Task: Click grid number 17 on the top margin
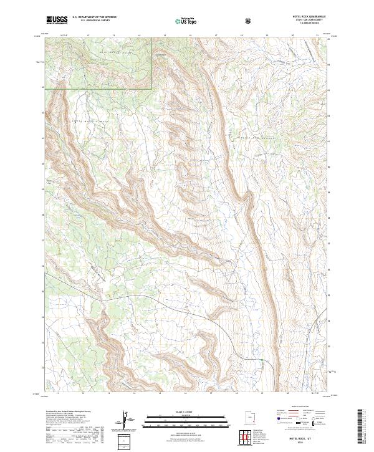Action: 215,36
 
